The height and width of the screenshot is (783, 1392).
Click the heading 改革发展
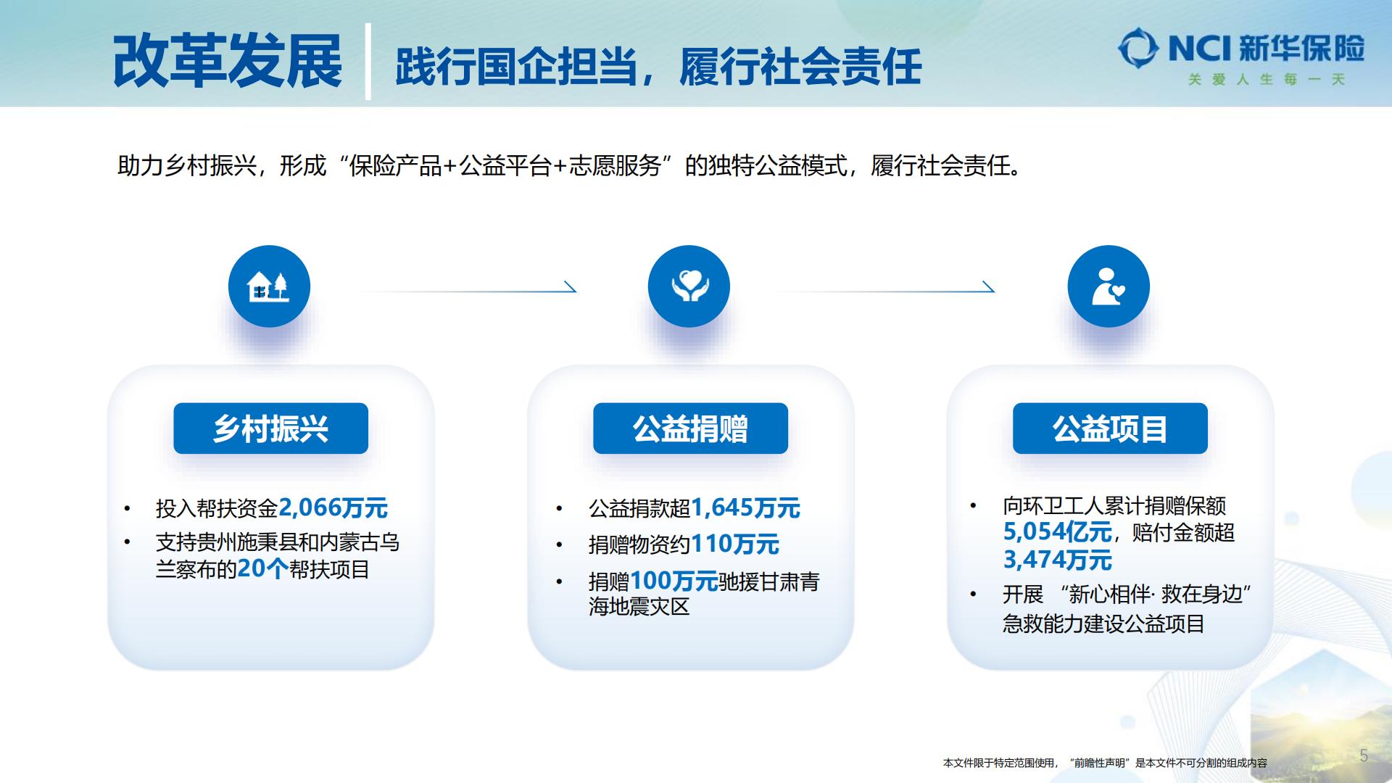point(228,62)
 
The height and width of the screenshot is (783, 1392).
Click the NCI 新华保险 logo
point(1241,48)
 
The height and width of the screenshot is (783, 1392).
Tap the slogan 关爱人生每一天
point(1266,80)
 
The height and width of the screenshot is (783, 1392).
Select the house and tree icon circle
point(269,286)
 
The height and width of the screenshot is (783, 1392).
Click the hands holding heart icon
point(689,286)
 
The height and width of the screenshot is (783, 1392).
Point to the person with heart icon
point(1109,286)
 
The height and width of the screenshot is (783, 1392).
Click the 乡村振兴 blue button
point(270,428)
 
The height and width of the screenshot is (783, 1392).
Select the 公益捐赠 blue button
point(690,428)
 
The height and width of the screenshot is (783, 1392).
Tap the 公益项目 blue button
point(1110,428)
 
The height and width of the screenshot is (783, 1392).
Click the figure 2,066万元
point(333,507)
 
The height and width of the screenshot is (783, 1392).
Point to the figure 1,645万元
point(745,507)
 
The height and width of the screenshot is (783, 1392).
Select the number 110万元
point(735,544)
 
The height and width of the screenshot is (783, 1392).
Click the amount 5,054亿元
point(1057,532)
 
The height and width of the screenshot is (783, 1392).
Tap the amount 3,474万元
point(1057,560)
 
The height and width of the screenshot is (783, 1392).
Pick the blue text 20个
point(263,568)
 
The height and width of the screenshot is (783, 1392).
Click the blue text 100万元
point(674,581)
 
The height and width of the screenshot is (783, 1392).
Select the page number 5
point(1364,755)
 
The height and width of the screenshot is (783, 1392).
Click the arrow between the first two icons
point(468,291)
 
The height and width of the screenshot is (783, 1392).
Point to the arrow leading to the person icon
point(886,291)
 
